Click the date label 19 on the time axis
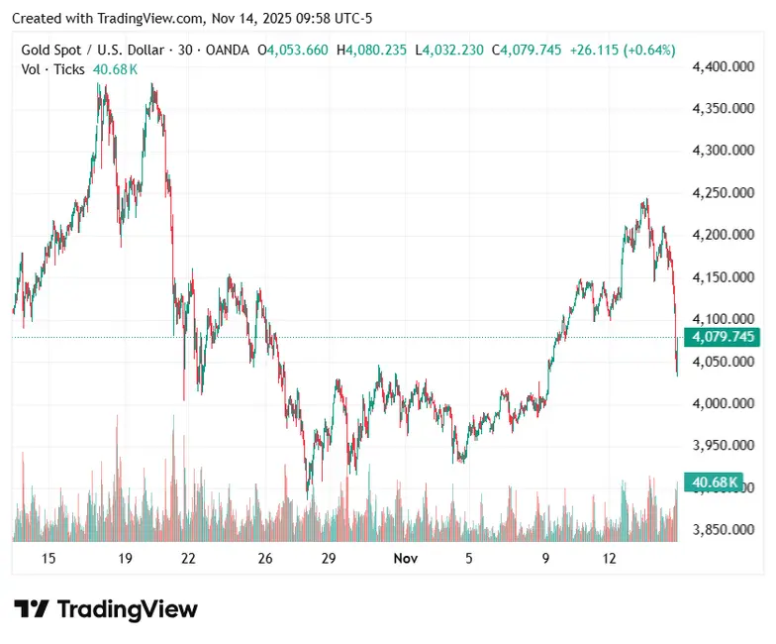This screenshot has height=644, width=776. pos(125,559)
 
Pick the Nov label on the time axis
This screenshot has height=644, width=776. pos(405,559)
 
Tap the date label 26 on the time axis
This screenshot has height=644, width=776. pos(265,559)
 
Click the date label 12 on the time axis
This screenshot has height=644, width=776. pos(610,559)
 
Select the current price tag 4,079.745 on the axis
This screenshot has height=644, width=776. pos(724,338)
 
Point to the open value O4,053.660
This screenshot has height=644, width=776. pos(293,50)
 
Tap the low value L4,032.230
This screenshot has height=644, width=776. pos(449,50)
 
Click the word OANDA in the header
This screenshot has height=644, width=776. pos(221,50)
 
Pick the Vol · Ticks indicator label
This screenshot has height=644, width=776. pos(53,68)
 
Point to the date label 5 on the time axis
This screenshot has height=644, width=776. pos(469,559)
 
